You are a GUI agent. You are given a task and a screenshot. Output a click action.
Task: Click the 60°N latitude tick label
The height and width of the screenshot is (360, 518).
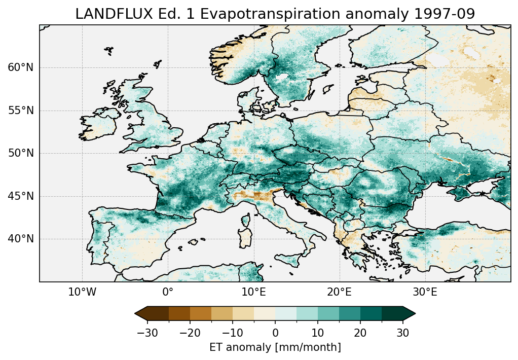point(20,67)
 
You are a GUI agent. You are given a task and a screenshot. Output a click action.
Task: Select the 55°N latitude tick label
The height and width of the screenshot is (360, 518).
point(20,111)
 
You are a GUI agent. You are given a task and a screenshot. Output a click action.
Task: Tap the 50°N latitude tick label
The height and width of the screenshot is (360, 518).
point(20,153)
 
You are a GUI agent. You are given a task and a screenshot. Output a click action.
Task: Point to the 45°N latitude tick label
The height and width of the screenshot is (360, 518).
point(20,196)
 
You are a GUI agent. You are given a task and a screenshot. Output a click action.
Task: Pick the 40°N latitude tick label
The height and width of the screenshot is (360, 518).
point(20,239)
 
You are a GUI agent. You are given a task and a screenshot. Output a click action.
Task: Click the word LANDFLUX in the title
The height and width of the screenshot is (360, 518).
point(105,14)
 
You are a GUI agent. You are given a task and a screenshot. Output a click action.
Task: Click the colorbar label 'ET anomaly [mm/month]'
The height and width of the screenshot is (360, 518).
point(275,347)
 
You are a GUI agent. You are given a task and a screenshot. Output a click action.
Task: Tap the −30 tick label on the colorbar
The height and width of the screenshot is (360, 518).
point(147,333)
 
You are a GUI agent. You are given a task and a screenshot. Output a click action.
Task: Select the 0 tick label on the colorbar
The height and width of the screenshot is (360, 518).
point(275,333)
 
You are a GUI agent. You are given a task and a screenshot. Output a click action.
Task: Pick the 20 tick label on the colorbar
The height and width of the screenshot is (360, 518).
point(360,333)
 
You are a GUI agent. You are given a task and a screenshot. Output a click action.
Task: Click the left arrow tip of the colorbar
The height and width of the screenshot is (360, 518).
point(136,314)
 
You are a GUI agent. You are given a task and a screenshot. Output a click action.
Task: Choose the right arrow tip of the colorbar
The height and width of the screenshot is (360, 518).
point(415,314)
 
